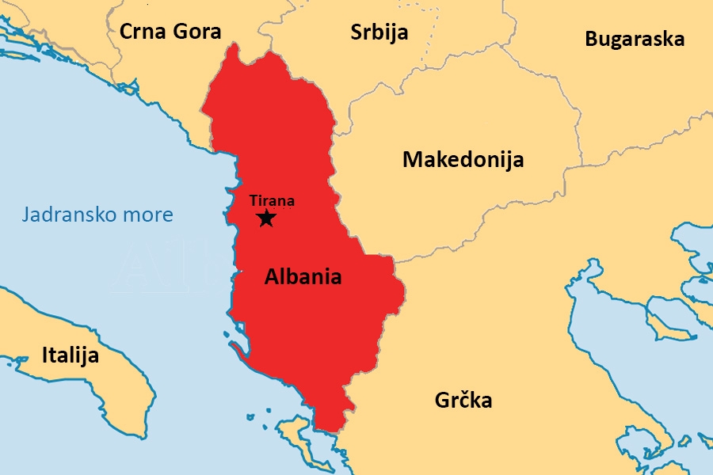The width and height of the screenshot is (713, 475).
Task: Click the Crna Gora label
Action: (x=170, y=31)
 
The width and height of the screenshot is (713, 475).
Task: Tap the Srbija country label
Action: (x=379, y=32)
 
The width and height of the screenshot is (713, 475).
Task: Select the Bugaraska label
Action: (x=635, y=39)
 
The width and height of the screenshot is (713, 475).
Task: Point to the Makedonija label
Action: (x=463, y=159)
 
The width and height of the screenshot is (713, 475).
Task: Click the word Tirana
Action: (x=272, y=201)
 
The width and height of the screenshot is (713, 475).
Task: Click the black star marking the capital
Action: (x=266, y=218)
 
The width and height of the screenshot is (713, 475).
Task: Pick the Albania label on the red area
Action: (x=303, y=276)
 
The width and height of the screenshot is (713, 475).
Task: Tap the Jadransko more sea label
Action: (x=97, y=215)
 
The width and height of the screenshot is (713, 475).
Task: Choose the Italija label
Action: (x=71, y=355)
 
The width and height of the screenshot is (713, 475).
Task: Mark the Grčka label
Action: (x=463, y=401)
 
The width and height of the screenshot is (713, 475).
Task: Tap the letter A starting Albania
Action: (x=271, y=276)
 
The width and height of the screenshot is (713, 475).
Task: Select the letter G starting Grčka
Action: (x=441, y=401)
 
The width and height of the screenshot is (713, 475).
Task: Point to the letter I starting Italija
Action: (x=45, y=355)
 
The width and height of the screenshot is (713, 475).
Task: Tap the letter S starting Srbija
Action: (x=356, y=32)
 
